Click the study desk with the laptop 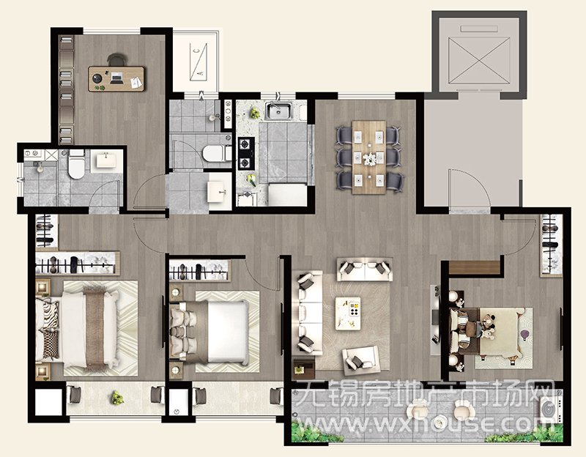116,79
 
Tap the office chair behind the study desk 116,59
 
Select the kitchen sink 279,111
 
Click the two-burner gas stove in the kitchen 246,154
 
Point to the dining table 369,157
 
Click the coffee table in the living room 348,313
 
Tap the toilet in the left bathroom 77,164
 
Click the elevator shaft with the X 479,61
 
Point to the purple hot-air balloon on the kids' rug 524,335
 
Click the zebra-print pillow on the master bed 50,313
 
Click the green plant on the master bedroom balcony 117,398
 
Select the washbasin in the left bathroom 106,160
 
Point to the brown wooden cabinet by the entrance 474,267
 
